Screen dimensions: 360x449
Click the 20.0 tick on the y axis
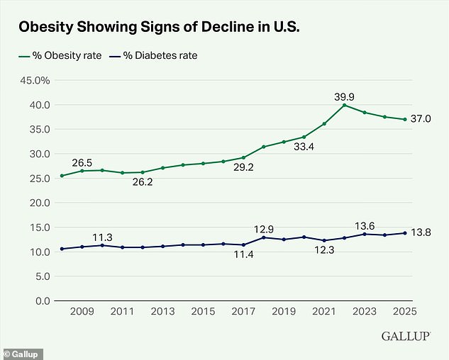36,203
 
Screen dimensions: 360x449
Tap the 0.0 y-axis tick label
39,300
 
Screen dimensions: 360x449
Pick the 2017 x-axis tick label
243,311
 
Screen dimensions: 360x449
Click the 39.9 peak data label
344,95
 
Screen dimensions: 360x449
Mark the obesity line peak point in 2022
344,106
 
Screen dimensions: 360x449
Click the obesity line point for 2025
405,120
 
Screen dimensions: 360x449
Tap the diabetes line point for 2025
405,233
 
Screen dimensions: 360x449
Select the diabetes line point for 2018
263,237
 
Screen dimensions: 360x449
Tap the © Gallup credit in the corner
23,354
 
